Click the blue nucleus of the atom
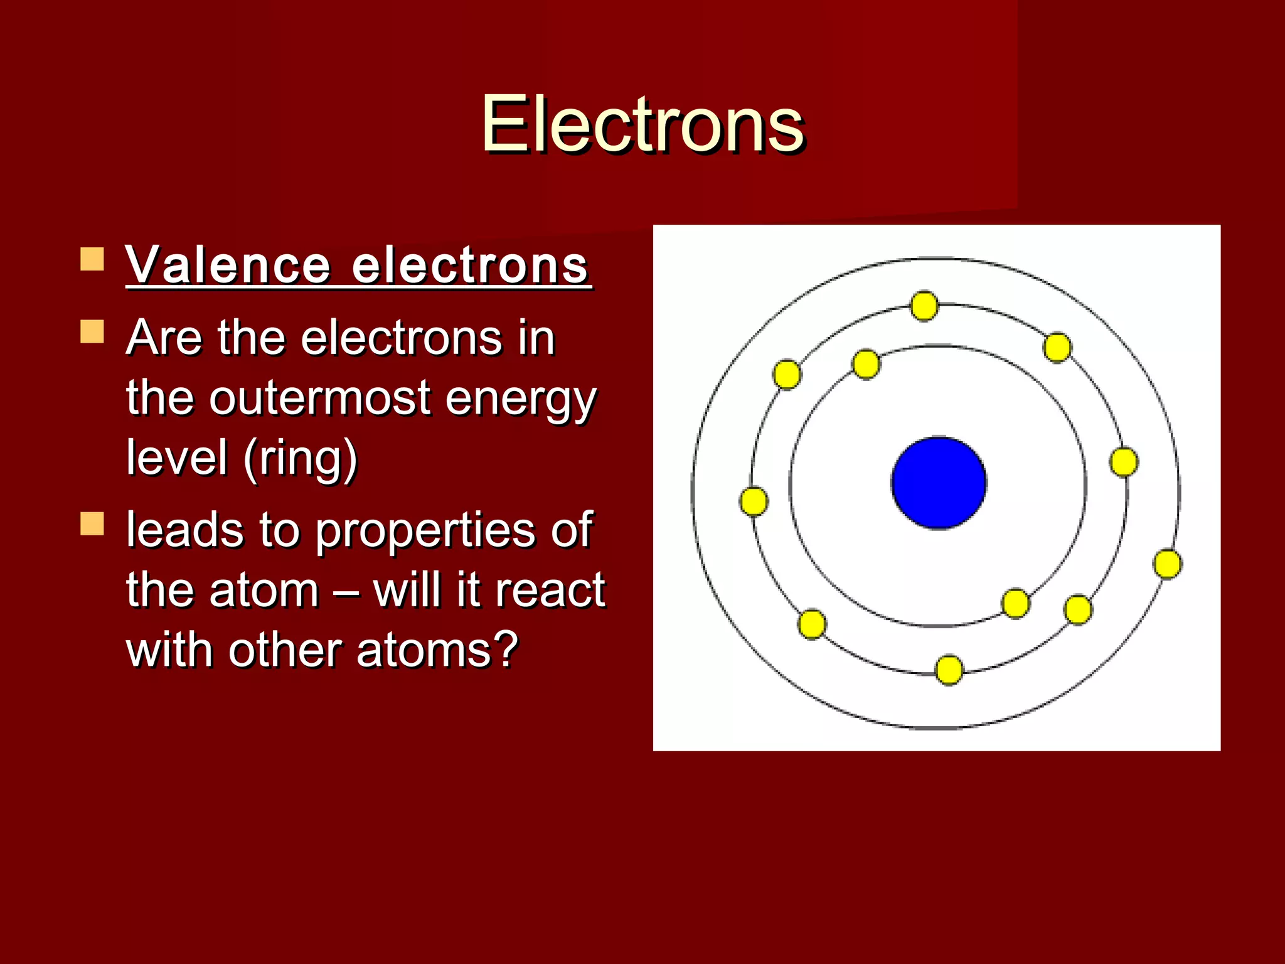tap(939, 482)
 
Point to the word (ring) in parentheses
tap(300, 458)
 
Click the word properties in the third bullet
tap(426, 531)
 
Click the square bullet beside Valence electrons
tap(92, 259)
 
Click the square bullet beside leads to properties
tap(92, 523)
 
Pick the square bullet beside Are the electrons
tap(92, 331)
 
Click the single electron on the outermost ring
tap(1168, 564)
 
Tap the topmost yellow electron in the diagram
tap(924, 306)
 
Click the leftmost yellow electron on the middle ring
tap(754, 501)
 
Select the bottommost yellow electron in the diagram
tap(949, 670)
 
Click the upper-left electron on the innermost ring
tap(866, 364)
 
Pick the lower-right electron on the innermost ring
tap(1015, 603)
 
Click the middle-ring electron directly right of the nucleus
tap(1123, 463)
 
